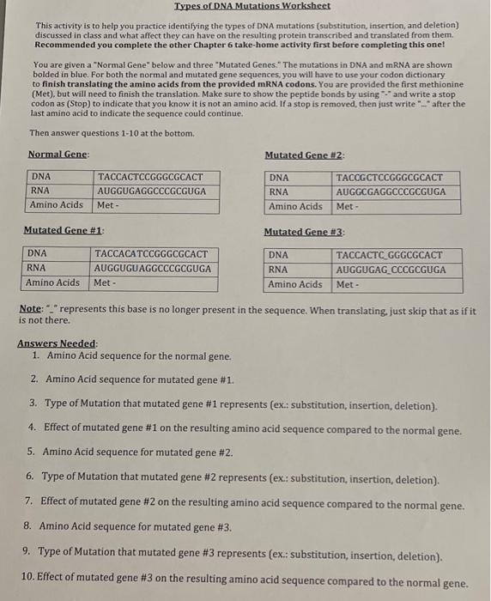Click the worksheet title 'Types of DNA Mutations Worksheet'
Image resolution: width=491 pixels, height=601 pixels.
[252, 7]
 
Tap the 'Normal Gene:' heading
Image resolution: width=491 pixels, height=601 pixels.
[58, 154]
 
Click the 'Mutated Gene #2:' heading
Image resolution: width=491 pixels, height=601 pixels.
[304, 155]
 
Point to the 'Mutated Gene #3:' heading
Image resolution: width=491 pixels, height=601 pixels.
[304, 233]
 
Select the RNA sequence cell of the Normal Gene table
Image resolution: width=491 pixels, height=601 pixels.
[151, 191]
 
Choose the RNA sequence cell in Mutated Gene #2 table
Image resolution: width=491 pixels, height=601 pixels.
[391, 192]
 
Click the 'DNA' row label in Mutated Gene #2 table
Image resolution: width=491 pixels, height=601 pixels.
[279, 178]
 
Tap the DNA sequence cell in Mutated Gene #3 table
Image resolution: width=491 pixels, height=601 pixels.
[390, 256]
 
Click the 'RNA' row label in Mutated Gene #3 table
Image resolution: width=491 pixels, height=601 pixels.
[279, 270]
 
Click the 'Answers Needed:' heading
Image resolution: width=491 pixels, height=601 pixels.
[58, 343]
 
